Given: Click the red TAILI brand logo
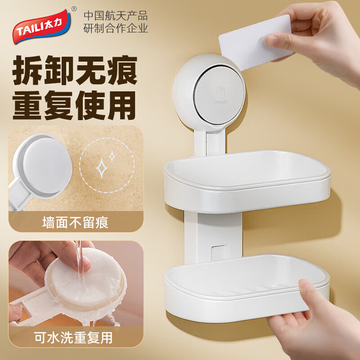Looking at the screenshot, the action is click(x=42, y=27).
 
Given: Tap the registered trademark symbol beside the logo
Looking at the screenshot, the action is click(x=74, y=9).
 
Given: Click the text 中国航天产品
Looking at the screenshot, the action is click(x=116, y=16).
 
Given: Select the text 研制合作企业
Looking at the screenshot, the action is click(x=116, y=29).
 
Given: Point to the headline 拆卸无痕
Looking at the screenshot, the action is click(x=75, y=70).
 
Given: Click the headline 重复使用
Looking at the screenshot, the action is click(x=74, y=105).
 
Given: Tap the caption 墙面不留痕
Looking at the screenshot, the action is click(x=75, y=222).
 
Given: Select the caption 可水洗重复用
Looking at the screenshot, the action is click(x=74, y=337).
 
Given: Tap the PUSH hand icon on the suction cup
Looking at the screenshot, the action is click(x=221, y=95).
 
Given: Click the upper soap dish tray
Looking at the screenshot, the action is click(x=247, y=181).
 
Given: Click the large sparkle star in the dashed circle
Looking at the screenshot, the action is click(x=102, y=168).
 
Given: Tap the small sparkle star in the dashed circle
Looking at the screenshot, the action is click(x=112, y=156).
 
